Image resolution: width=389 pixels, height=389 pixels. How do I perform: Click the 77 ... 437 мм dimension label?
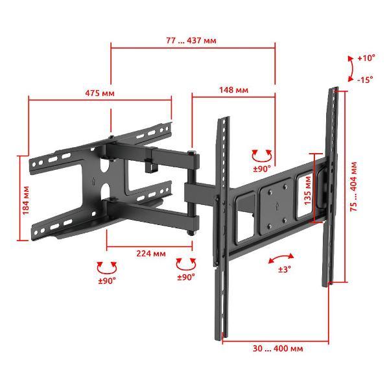tap(191, 40)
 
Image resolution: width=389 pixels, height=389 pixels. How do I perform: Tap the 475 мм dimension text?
tap(100, 93)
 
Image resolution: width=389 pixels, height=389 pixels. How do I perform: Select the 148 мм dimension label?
tap(233, 90)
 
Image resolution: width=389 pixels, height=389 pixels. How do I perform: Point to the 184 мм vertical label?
tap(26, 200)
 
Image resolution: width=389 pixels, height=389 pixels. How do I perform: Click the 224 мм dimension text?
tap(151, 253)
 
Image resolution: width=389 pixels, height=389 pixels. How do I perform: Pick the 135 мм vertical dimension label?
tap(307, 191)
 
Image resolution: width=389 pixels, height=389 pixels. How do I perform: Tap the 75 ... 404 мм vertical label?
tap(353, 187)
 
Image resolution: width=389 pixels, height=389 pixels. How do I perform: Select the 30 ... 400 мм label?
tap(278, 348)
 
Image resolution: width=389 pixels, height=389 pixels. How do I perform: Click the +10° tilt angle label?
tap(366, 58)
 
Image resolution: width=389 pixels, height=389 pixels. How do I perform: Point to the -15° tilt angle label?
tap(365, 80)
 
